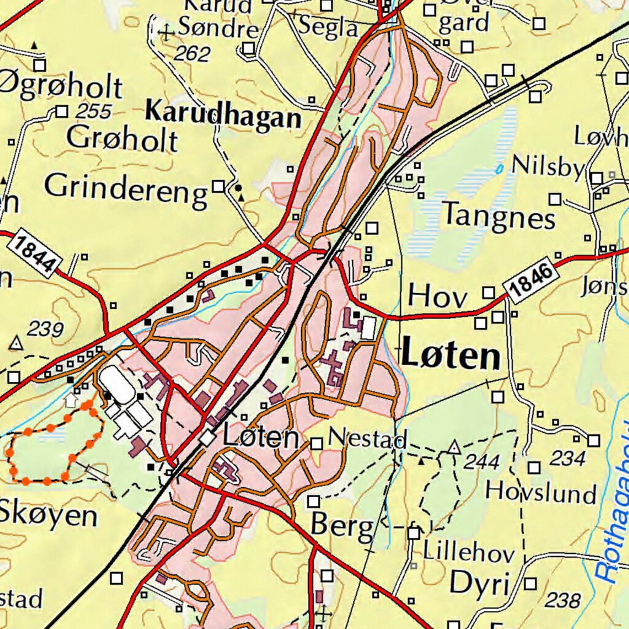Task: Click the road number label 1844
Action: (36, 252)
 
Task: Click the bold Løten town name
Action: (451, 357)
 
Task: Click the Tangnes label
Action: (499, 216)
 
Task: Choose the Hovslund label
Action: (541, 493)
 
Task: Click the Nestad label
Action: (367, 439)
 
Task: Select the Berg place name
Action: (342, 525)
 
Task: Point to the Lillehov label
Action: (468, 553)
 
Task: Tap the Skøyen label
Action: (48, 516)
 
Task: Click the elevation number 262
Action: (192, 54)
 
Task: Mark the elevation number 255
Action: (94, 111)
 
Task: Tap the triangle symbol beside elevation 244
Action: (453, 447)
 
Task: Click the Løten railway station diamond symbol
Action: (208, 438)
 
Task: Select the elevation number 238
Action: (563, 600)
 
